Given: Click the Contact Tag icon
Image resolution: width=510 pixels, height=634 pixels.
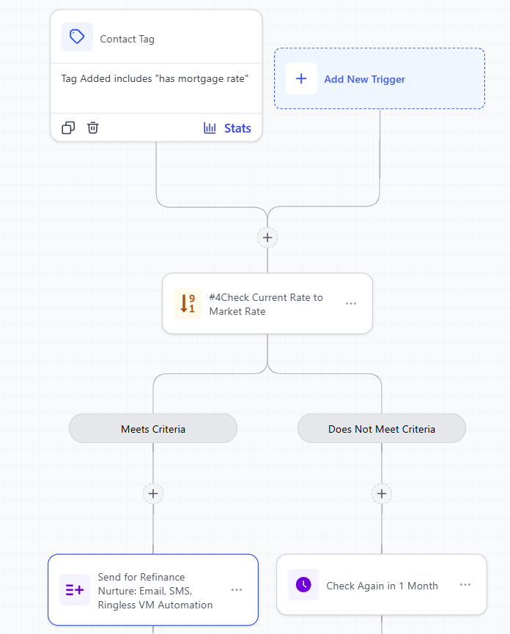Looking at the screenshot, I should click(77, 37).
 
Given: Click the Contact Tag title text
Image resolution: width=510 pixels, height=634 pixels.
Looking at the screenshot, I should click(127, 39).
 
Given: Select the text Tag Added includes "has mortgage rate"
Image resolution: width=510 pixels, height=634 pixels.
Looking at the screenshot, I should click(155, 78).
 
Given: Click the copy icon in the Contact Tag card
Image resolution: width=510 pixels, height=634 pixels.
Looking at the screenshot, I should click(68, 128).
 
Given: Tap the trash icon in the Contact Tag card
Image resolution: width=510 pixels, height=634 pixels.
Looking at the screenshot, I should click(93, 128).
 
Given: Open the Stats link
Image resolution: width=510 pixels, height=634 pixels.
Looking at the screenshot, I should click(237, 128).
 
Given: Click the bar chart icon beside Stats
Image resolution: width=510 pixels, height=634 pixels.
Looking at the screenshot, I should click(210, 128).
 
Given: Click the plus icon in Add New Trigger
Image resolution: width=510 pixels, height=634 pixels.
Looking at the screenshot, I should click(301, 79).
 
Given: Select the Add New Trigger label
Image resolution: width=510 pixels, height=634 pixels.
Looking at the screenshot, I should click(364, 79).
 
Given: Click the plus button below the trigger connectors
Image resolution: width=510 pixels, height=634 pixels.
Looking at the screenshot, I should click(267, 237).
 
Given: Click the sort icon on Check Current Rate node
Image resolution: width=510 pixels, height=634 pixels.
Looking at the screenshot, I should click(188, 304).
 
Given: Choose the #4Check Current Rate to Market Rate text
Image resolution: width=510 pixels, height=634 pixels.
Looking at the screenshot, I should click(265, 304).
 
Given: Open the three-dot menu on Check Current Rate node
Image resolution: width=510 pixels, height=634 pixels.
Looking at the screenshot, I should click(351, 304).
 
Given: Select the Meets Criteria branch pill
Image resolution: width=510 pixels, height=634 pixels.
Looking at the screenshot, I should click(153, 429).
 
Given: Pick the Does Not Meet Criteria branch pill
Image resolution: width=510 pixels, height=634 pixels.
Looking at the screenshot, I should click(381, 429).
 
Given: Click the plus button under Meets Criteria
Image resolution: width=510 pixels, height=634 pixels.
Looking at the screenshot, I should click(153, 493).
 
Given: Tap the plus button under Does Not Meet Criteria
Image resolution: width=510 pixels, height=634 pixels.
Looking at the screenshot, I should click(382, 493).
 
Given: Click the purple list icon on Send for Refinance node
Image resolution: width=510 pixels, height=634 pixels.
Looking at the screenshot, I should click(75, 590).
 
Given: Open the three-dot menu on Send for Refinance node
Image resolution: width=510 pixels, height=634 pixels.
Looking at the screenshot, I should click(237, 590).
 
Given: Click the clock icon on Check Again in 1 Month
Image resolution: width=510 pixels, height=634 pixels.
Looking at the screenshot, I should click(303, 585).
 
